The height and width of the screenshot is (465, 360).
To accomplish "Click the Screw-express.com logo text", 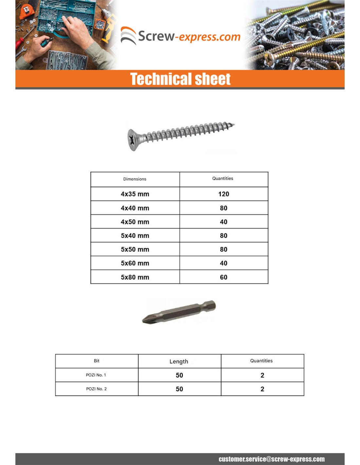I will coord(189,36).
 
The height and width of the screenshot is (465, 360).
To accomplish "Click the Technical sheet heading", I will coord(180,79).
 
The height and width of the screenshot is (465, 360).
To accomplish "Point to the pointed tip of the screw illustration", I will coord(233,124).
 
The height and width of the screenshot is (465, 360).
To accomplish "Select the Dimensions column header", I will coord(135,179).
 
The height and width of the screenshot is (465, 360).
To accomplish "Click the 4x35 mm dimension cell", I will coord(135,194).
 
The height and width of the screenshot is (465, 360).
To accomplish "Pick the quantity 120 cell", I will coord(224,194).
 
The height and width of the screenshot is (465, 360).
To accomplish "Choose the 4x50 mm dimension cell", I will coord(135,222).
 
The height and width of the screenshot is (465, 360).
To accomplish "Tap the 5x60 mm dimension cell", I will coord(135,263).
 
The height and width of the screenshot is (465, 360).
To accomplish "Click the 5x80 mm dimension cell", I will coord(135,277).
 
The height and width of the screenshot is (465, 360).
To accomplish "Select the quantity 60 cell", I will coord(224,277).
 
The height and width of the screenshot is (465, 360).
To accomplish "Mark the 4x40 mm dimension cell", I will coord(135,208).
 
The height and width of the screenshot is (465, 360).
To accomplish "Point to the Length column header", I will coord(179,361).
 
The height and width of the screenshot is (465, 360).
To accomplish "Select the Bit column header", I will coord(97,361).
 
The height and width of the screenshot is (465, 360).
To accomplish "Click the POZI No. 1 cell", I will coord(96,375).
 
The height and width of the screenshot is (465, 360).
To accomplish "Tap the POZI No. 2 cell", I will coord(96,389).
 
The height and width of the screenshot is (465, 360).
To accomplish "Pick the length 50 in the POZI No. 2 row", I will coord(179,389).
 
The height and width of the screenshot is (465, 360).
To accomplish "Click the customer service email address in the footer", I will coord(272,459).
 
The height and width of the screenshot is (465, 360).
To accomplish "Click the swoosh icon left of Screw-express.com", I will coord(128,36).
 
